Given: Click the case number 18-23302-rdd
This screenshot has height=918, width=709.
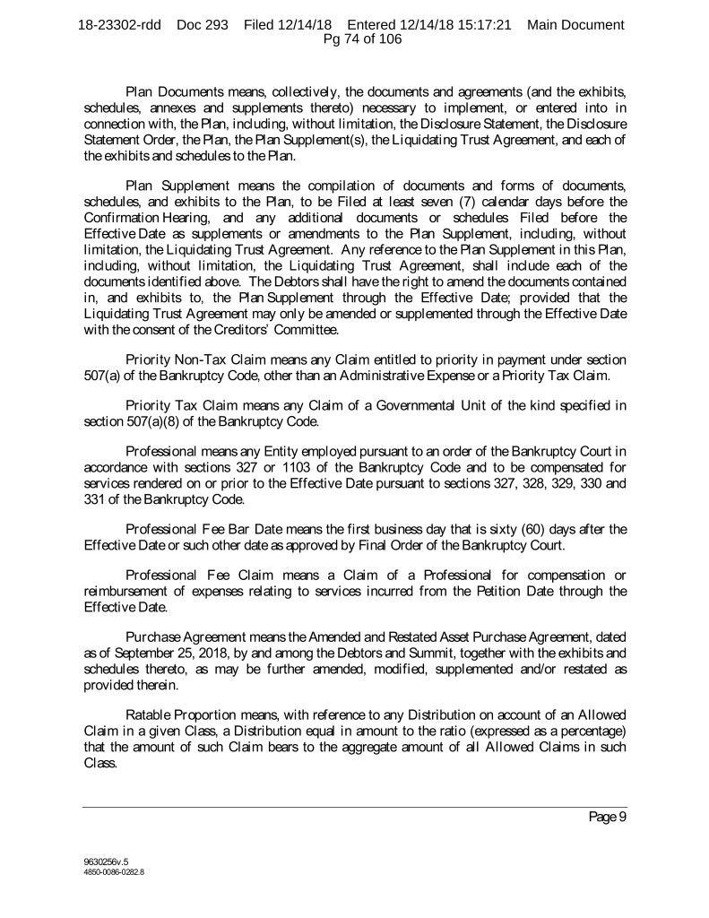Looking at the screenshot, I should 119,25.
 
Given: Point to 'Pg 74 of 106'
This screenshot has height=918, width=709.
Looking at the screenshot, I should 355,39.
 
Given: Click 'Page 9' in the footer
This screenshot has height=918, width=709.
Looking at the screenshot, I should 607,817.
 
